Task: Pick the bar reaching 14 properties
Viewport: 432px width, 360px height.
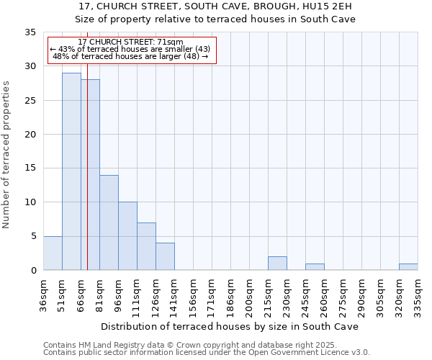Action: pyautogui.click(x=109, y=222)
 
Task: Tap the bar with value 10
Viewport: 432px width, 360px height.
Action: pyautogui.click(x=127, y=236)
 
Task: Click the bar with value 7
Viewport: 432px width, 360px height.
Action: pyautogui.click(x=146, y=246)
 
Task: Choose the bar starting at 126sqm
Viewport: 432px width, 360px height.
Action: pyautogui.click(x=165, y=256)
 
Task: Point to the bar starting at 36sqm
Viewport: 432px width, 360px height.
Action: pyautogui.click(x=53, y=253)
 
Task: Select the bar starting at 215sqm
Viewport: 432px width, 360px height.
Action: pyautogui.click(x=277, y=264)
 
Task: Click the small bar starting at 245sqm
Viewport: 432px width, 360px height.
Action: pyautogui.click(x=315, y=267)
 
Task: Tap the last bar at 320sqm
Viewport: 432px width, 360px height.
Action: pyautogui.click(x=408, y=267)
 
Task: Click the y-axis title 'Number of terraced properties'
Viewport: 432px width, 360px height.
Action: pyautogui.click(x=7, y=155)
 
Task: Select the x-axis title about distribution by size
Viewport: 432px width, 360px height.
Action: pyautogui.click(x=230, y=326)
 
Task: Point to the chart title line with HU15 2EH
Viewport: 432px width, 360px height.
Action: pyautogui.click(x=217, y=6)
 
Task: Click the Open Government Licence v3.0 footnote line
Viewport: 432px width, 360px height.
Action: pyautogui.click(x=207, y=352)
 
